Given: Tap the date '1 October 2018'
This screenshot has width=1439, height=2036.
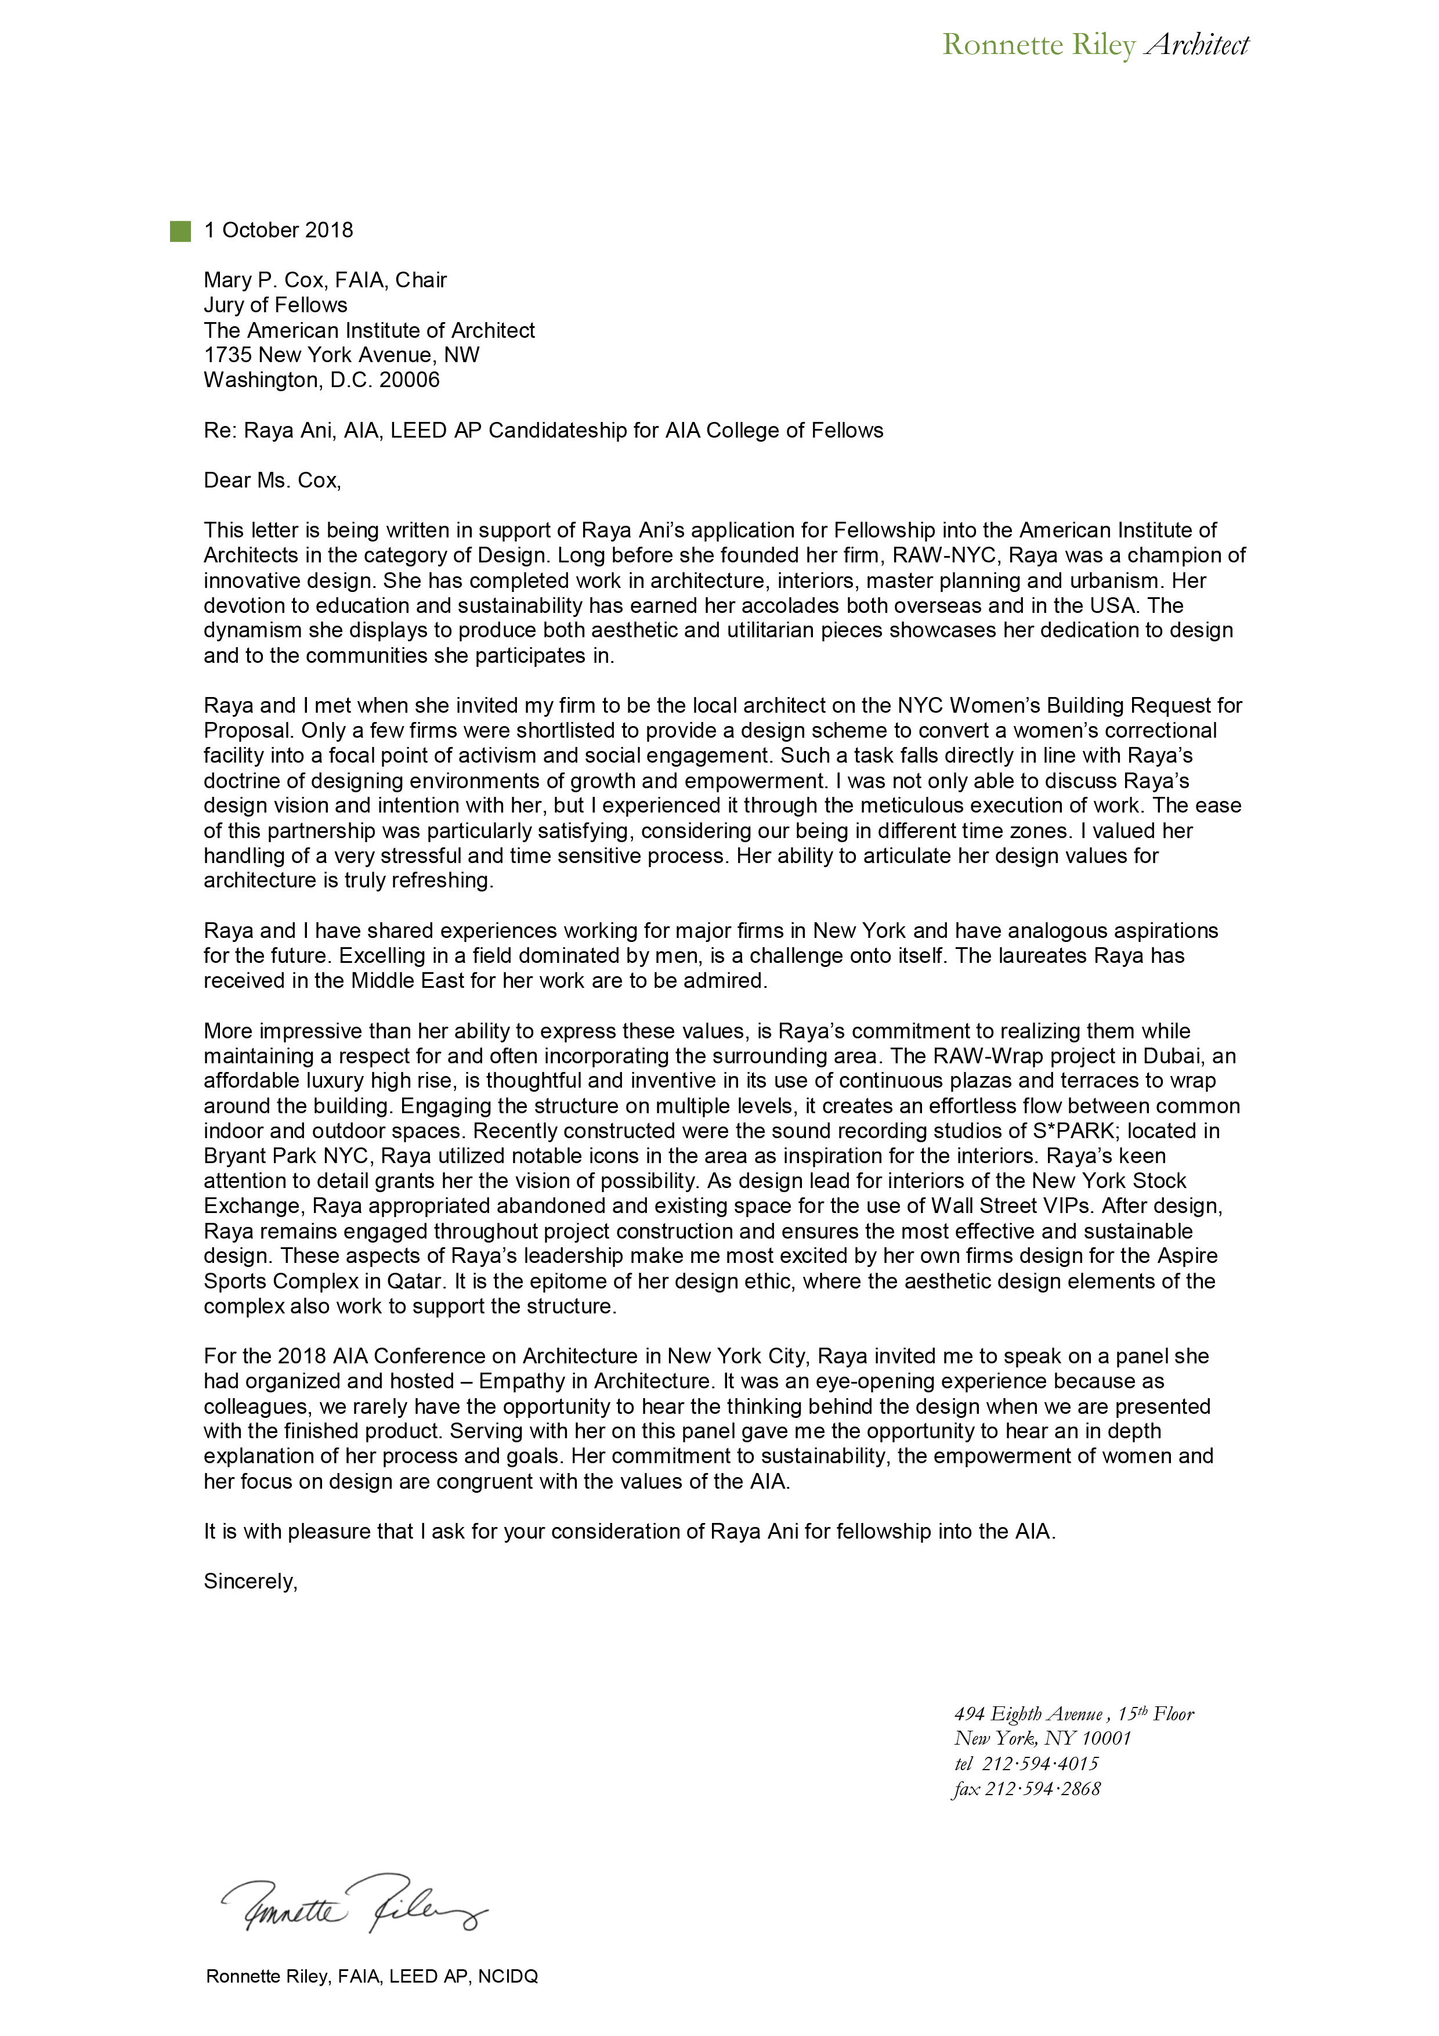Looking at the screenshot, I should click(279, 230).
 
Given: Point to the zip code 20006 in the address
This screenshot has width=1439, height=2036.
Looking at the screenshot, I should click(410, 380).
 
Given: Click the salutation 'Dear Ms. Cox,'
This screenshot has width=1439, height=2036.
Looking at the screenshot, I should click(272, 481).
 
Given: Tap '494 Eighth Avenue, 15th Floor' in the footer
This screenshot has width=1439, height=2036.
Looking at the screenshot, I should click(1073, 1714).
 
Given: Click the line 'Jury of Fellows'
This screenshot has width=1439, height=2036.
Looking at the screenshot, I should click(276, 305).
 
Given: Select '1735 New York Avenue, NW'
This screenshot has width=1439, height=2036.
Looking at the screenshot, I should click(341, 356).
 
